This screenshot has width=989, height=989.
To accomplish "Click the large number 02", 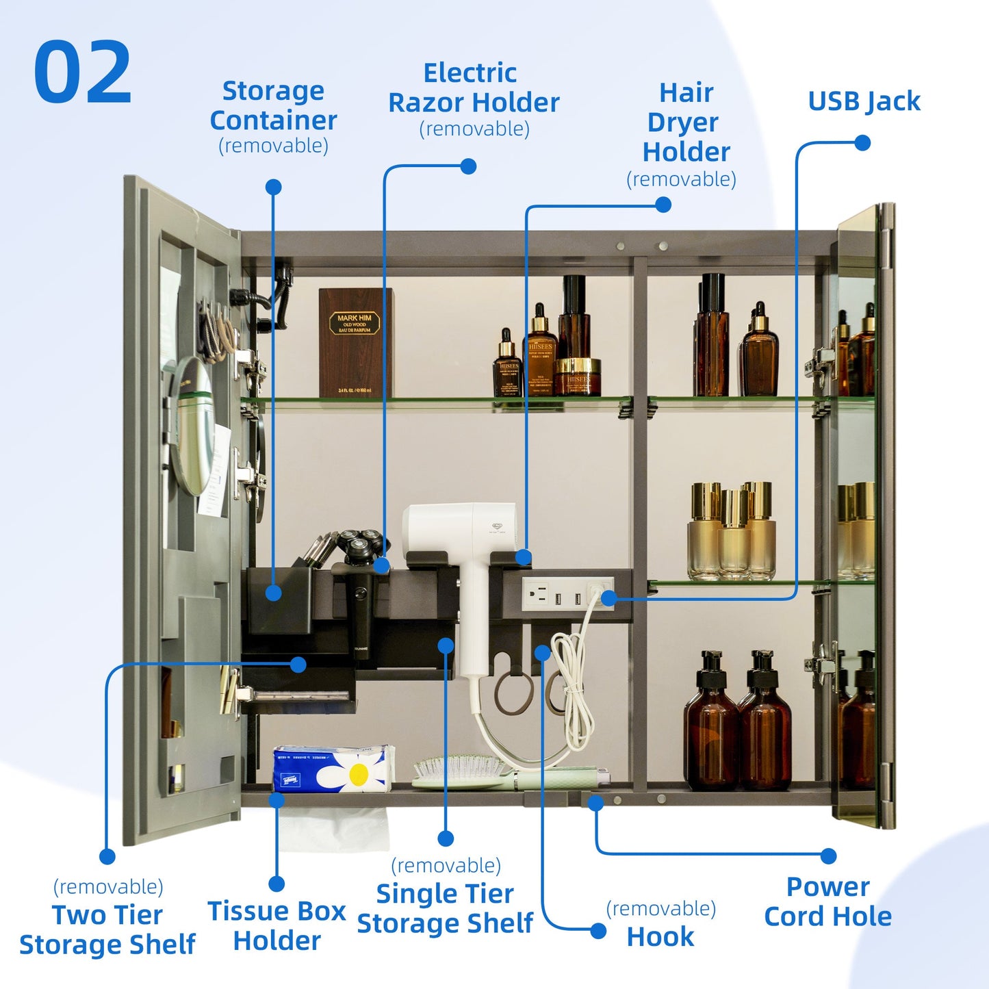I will pos(82,73).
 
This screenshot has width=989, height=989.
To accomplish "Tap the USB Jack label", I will pos(864,101).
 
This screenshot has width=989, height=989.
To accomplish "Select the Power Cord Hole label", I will pos(827,901).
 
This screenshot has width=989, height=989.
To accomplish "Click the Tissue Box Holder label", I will pos(277,925).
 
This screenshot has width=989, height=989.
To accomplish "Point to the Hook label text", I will pos(660,936).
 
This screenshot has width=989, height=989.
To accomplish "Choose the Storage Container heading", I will pos(273,105).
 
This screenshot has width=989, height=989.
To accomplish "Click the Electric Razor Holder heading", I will pos(474,88).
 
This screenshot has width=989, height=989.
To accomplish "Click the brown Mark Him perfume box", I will pos(355,342).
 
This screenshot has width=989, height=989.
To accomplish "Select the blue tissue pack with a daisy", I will pos(333,769).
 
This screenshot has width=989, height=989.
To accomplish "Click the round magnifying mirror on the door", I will pos(192,424).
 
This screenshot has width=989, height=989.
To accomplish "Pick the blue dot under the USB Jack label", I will pos(862,142).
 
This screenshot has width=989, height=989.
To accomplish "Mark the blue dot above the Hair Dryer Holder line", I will pos(663,204).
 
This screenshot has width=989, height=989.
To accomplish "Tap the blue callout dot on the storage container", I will pos(273,593).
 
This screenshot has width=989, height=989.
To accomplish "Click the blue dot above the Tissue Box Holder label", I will pos(277,884).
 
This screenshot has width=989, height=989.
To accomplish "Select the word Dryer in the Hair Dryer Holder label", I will pos(682,123).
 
